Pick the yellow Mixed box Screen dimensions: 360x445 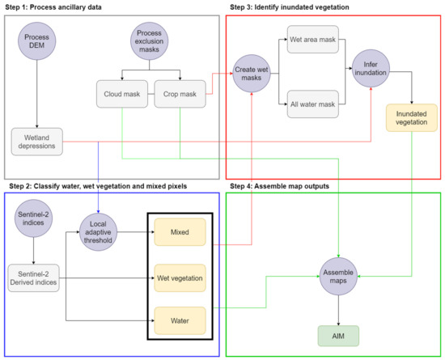coord(180,231)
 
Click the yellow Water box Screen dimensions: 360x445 coord(180,320)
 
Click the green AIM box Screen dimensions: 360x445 coord(339,334)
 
